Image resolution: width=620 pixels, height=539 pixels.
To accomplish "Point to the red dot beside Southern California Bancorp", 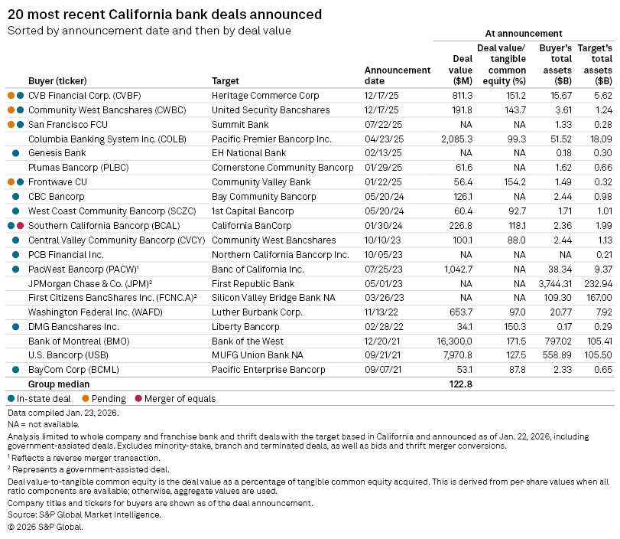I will (x=21, y=225).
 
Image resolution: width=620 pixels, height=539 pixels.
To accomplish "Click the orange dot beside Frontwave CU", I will (x=11, y=181).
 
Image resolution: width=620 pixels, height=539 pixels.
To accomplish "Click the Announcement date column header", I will (x=397, y=75).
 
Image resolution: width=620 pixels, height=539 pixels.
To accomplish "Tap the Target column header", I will (x=225, y=80).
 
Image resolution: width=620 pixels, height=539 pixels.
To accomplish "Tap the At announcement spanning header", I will (x=524, y=34).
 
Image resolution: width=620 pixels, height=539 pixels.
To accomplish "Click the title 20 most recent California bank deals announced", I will (x=164, y=15).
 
